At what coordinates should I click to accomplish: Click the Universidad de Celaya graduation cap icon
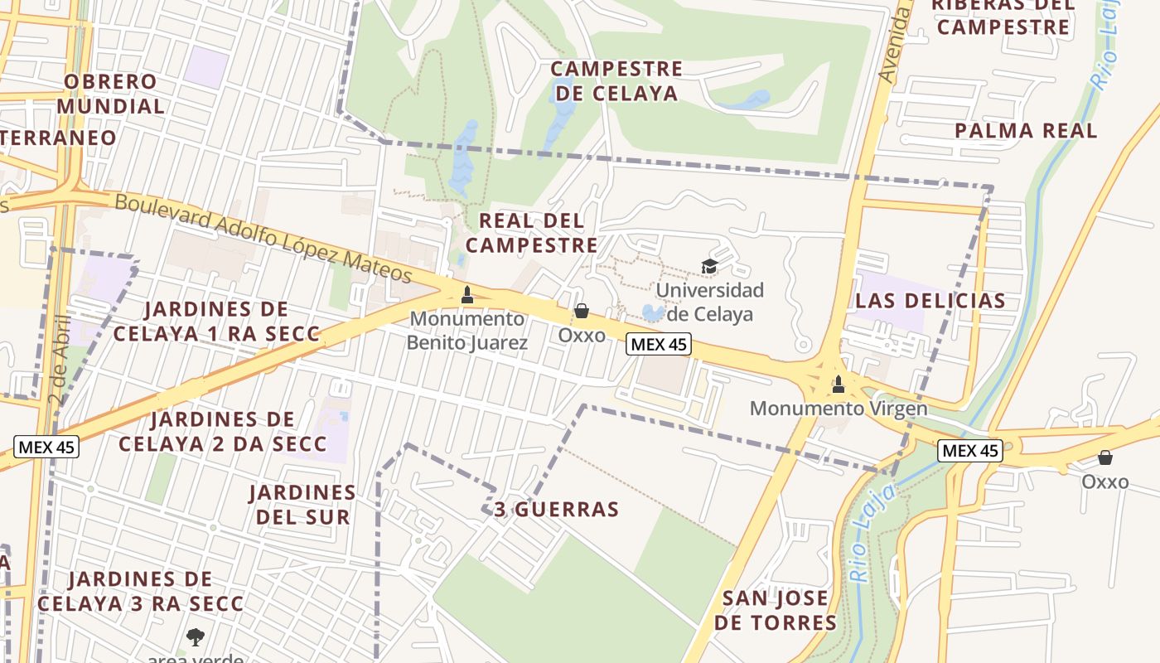709,266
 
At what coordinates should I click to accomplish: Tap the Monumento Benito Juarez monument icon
467,294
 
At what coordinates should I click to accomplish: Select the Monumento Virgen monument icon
838,384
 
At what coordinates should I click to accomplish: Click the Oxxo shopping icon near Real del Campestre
582,311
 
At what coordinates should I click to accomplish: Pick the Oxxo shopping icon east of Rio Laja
1105,457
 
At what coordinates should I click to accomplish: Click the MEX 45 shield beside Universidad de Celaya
658,344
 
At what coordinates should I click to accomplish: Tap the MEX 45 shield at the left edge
46,447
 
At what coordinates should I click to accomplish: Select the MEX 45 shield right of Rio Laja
970,450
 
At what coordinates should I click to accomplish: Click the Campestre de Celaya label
616,80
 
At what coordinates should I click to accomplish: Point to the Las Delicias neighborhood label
930,301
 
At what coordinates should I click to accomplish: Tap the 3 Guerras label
557,509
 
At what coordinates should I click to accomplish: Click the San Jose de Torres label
776,610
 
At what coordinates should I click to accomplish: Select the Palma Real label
1026,130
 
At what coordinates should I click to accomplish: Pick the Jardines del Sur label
302,504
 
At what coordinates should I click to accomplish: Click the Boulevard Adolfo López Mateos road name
263,238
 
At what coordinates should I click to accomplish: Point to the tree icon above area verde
196,636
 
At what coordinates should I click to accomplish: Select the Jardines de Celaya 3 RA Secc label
141,591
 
